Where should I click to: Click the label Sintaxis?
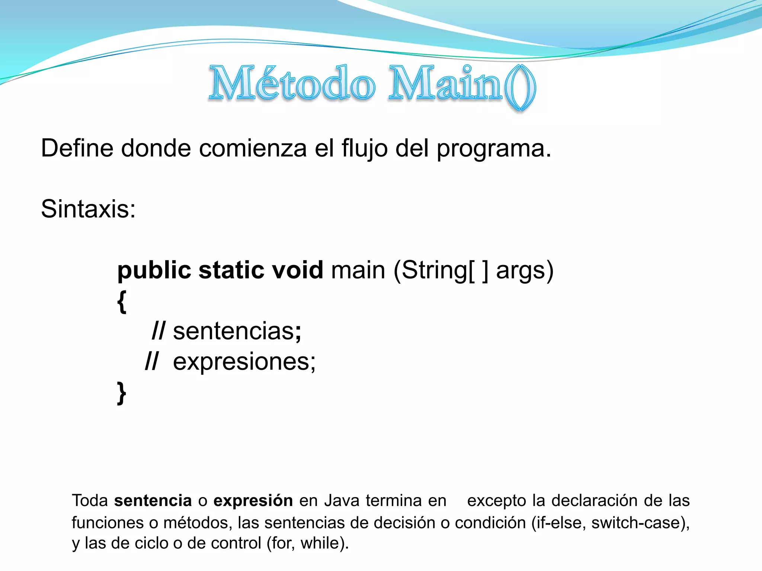(88, 209)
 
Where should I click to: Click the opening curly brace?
(122, 301)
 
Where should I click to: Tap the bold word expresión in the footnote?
(253, 501)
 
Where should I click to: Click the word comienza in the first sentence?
(253, 148)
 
